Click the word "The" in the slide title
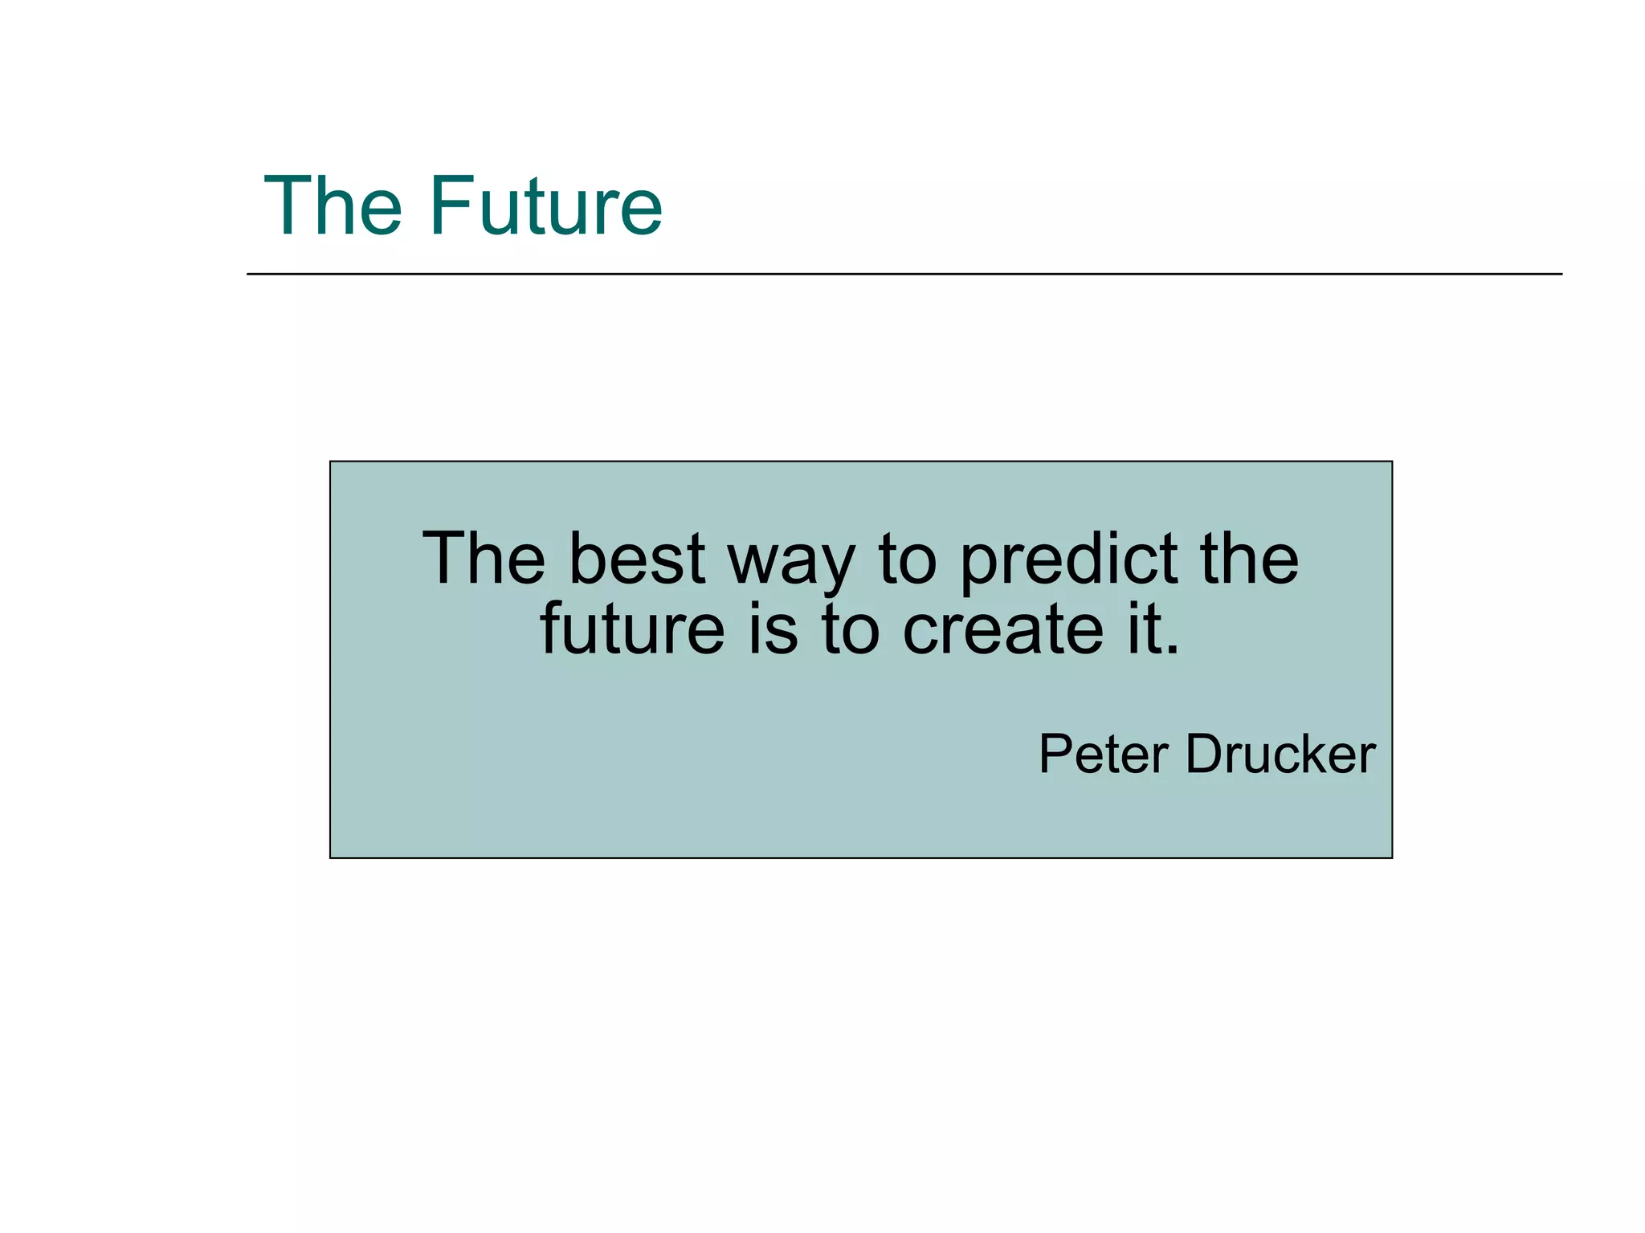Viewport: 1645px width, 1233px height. (333, 207)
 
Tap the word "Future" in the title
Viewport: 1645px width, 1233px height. (546, 207)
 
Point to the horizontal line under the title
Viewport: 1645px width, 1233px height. (904, 274)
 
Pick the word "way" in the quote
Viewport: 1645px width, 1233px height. (791, 562)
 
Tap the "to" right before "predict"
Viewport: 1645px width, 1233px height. (908, 559)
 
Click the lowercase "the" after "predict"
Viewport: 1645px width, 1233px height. (1249, 559)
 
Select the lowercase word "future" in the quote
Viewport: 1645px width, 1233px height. (632, 629)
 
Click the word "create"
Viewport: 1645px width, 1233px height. (1003, 629)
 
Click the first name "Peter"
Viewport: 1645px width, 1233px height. (1104, 755)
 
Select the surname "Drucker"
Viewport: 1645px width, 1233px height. (1280, 755)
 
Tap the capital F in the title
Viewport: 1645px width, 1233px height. (450, 207)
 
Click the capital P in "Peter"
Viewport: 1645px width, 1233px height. (1056, 755)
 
